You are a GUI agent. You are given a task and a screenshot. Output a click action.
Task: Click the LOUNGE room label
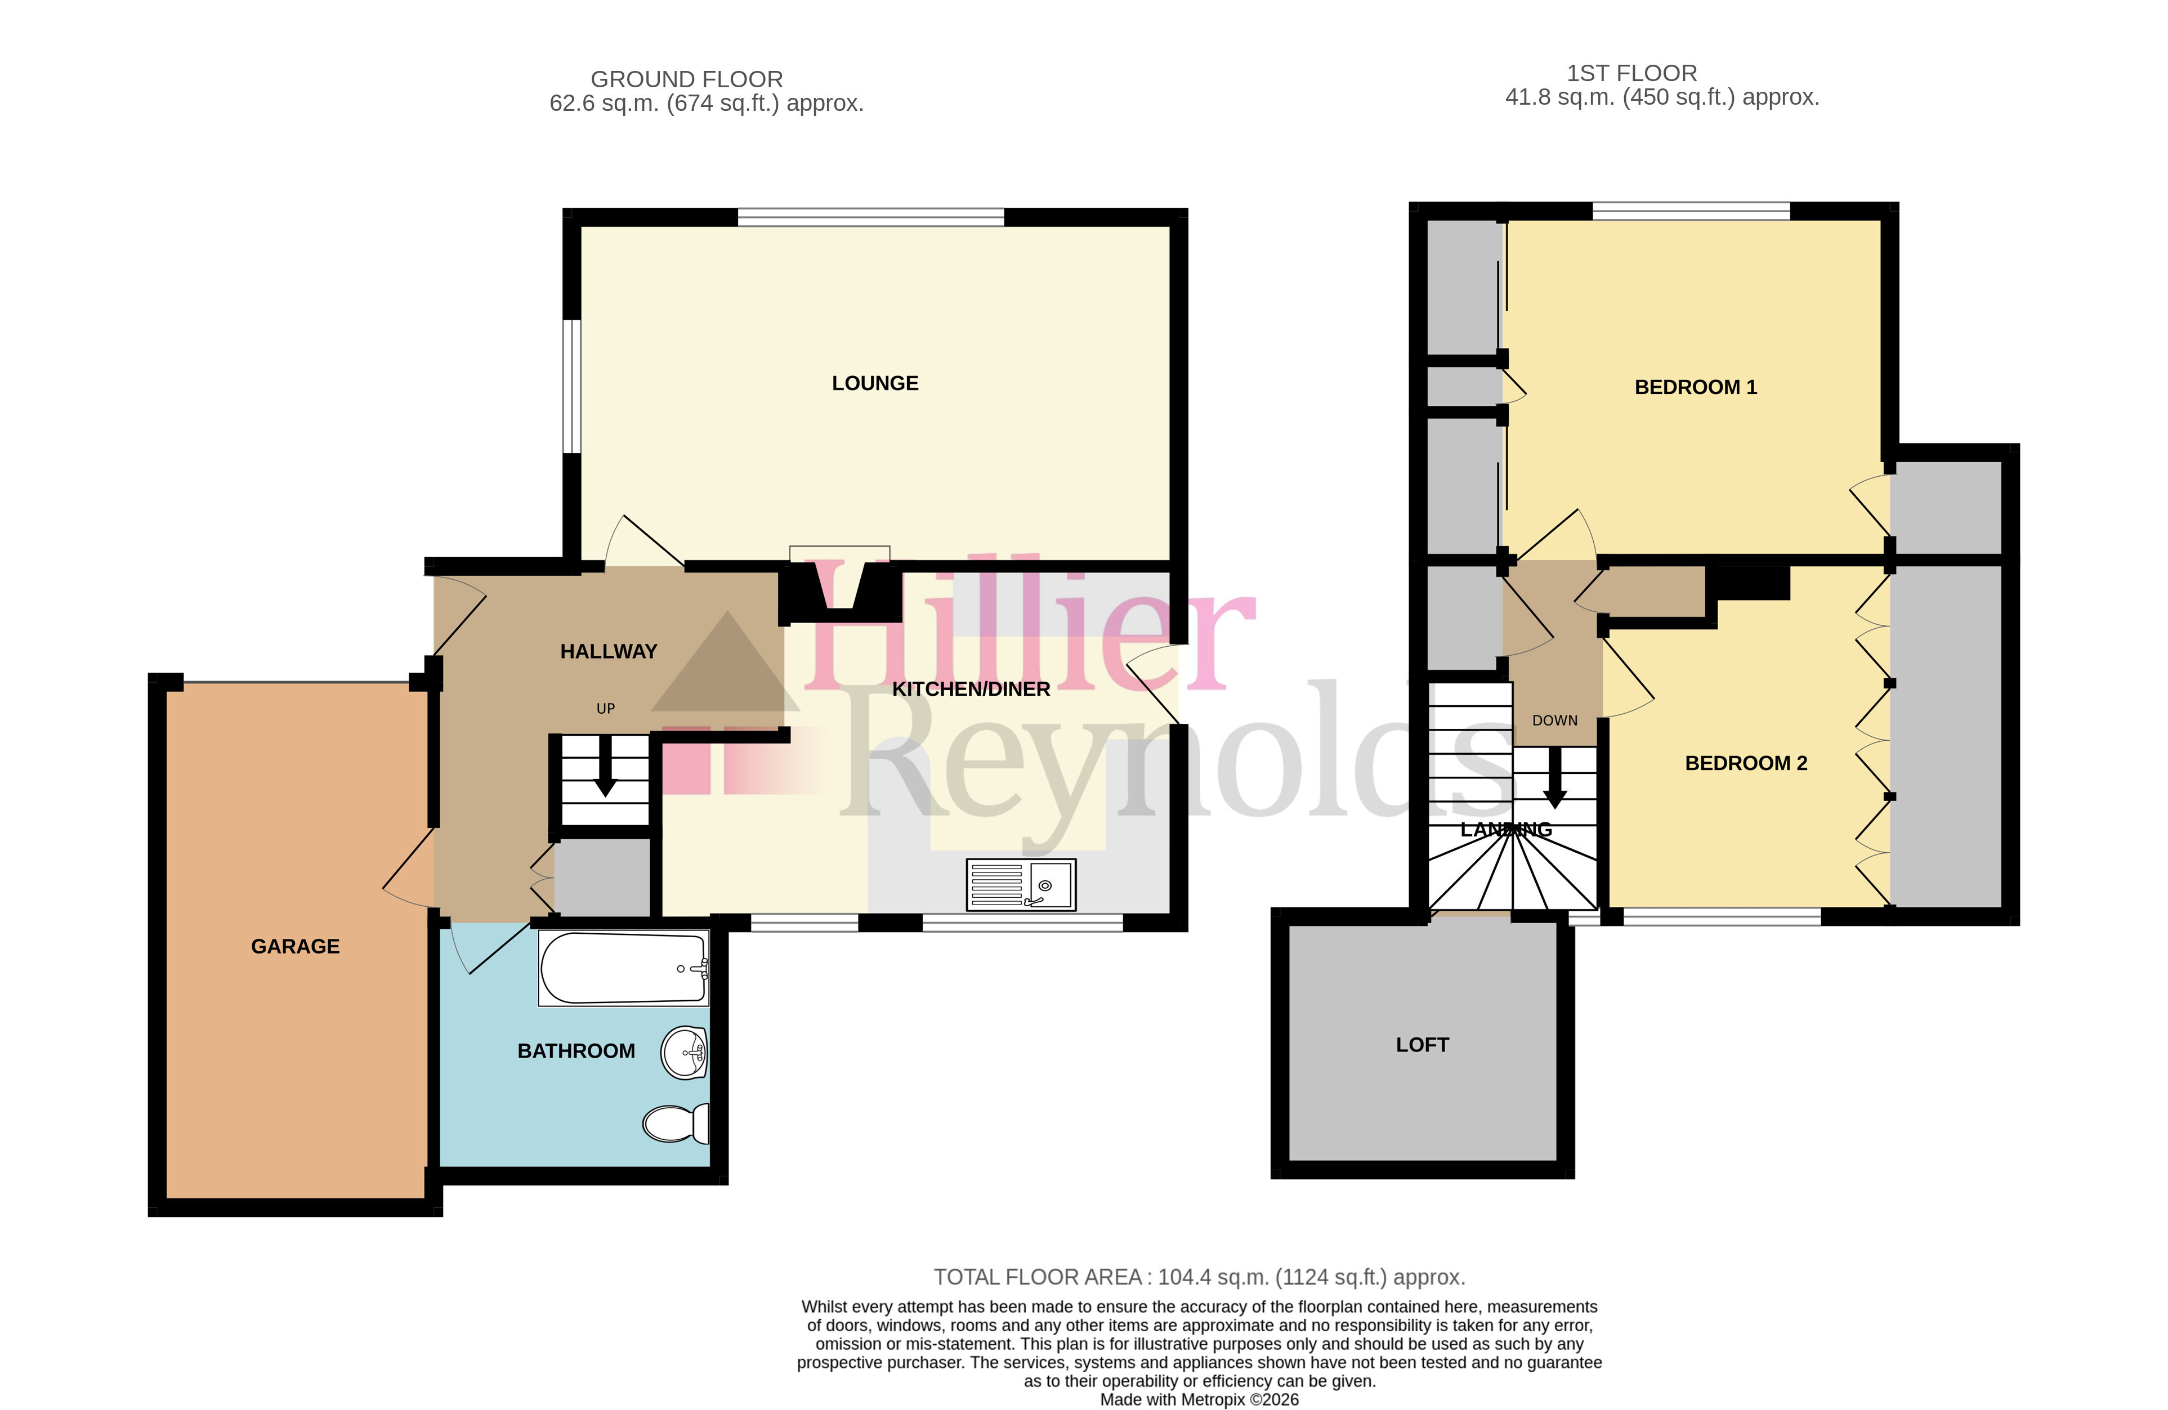[x=874, y=383]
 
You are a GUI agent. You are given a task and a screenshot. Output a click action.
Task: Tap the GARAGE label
[x=295, y=946]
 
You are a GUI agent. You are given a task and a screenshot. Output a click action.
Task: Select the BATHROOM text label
[x=576, y=1051]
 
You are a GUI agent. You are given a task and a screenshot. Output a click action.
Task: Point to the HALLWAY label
[x=609, y=651]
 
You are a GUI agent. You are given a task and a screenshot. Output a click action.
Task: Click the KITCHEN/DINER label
[x=971, y=690]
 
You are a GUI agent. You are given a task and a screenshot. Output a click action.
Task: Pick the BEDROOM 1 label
[x=1695, y=387]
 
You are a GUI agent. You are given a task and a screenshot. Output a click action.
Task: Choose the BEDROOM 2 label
[x=1745, y=763]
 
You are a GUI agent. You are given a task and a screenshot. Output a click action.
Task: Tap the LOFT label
[x=1422, y=1045]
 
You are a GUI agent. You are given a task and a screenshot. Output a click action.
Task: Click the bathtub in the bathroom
[x=624, y=968]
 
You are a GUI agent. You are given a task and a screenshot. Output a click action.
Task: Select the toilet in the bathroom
[x=676, y=1123]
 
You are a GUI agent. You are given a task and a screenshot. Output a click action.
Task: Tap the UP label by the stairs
[x=606, y=709]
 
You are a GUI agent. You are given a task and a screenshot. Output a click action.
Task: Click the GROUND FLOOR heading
[x=687, y=79]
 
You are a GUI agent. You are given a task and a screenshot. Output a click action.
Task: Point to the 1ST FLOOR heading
[x=1631, y=73]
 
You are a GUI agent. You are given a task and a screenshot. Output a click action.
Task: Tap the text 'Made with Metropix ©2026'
[x=1200, y=1400]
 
